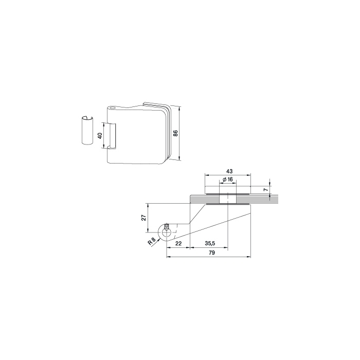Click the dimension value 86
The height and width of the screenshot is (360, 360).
click(175, 133)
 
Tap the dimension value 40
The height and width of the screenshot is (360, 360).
click(100, 135)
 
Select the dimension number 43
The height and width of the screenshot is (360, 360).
click(229, 171)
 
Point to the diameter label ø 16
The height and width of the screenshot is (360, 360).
click(228, 179)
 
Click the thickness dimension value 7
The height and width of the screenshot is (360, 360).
click(266, 190)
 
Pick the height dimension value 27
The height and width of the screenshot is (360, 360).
click(143, 218)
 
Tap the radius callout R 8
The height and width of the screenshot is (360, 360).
click(152, 241)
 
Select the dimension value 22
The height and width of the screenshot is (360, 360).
click(178, 243)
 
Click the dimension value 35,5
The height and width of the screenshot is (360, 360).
click(210, 243)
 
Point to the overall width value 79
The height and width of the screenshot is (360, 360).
click(212, 253)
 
